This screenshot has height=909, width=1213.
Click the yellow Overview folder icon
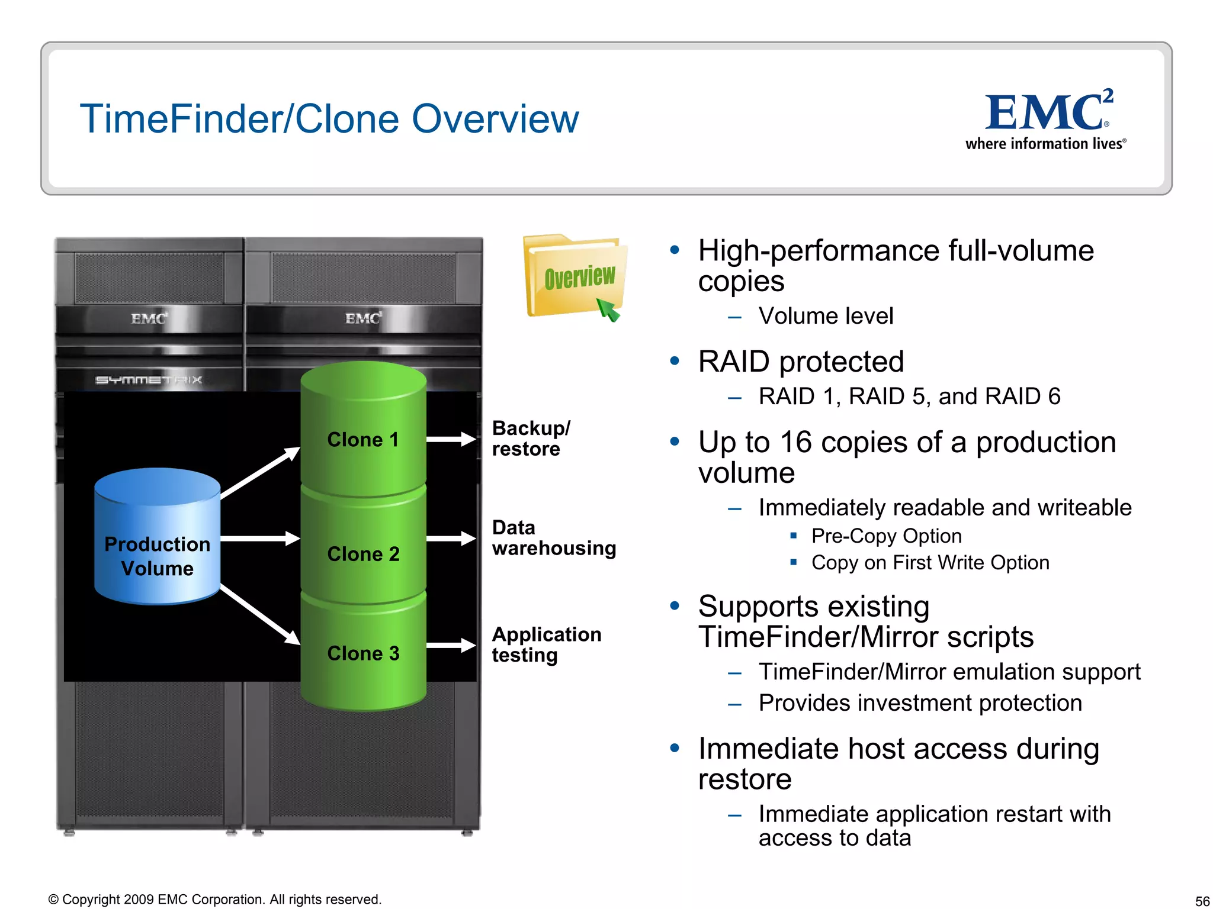575,277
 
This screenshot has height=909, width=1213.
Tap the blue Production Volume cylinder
158,537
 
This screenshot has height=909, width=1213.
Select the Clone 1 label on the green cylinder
363,440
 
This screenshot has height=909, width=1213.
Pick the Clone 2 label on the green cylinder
363,554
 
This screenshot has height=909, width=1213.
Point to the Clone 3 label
363,653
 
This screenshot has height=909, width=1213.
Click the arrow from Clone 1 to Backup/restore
451,439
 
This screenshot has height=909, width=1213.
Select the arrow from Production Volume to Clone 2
261,539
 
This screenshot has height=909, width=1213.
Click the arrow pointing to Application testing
451,645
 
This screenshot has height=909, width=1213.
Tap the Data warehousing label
554,538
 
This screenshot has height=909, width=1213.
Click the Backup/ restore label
531,439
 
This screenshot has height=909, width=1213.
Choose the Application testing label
546,644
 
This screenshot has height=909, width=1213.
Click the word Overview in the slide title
495,119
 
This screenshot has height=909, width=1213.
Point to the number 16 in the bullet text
795,443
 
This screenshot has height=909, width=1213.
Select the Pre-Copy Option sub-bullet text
886,536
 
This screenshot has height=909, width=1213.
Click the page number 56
1202,901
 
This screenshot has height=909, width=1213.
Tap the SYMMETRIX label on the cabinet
149,380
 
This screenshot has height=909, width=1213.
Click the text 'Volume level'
826,316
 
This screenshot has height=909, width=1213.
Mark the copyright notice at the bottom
214,900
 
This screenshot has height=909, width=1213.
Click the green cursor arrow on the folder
608,309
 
